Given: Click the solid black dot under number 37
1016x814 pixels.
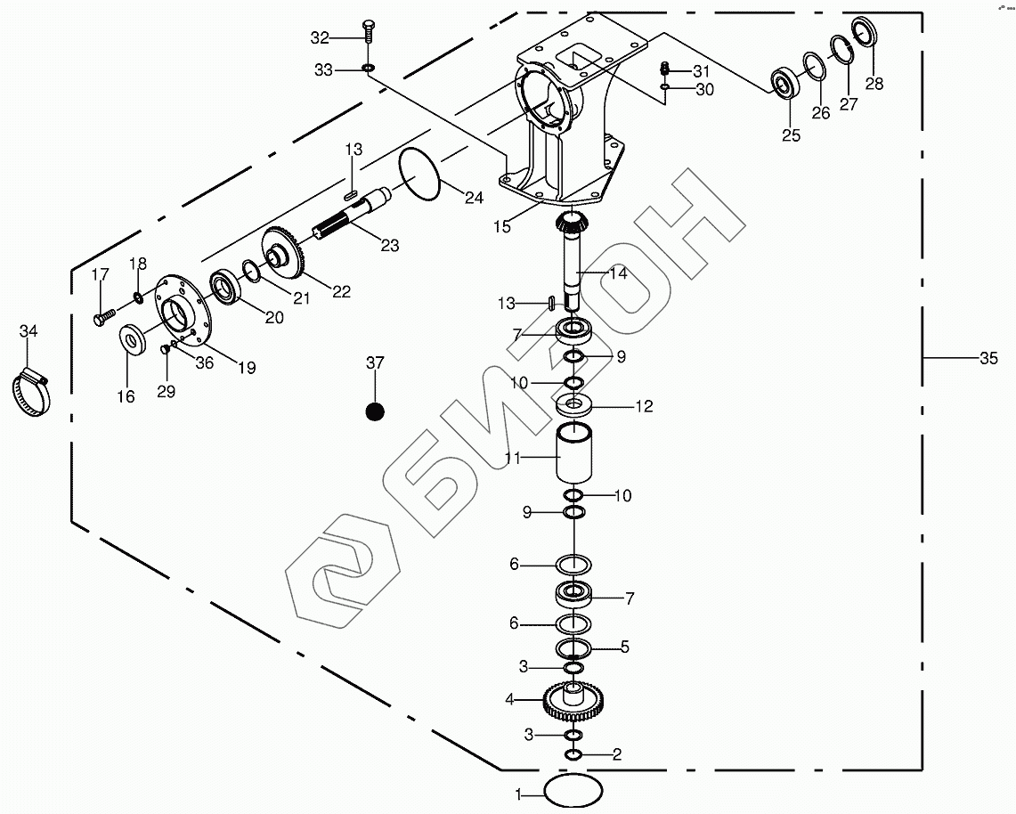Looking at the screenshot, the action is (375, 411).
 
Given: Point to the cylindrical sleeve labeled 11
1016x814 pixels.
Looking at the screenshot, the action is (574, 454).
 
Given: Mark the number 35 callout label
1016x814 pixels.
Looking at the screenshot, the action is (988, 359).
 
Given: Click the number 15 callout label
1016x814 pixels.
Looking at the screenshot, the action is (501, 226).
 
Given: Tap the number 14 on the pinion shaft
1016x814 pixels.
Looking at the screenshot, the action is (617, 273).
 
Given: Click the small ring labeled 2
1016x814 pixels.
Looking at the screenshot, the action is (573, 755).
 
